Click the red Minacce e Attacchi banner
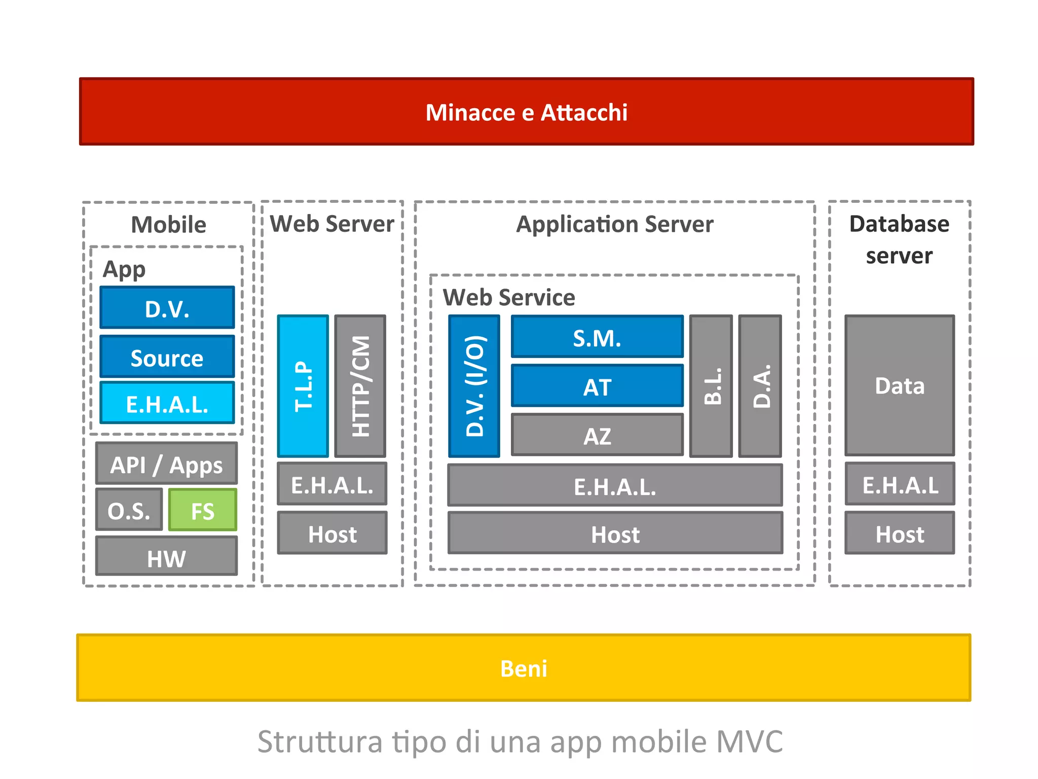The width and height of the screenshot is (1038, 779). click(x=526, y=112)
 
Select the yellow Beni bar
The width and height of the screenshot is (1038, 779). click(x=524, y=668)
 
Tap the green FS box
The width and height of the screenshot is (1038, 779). click(x=202, y=510)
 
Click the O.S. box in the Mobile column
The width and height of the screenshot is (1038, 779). click(x=129, y=510)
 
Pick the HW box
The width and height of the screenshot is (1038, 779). click(x=166, y=557)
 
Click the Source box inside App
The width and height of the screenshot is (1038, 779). click(x=167, y=357)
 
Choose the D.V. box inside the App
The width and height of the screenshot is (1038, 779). click(x=167, y=308)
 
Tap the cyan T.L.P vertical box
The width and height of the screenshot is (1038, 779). click(x=303, y=386)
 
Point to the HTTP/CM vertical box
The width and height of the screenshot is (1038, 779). click(x=360, y=386)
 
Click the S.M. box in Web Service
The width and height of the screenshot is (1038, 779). click(x=597, y=337)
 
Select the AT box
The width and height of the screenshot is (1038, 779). click(x=597, y=386)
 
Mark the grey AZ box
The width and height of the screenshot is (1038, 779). click(x=597, y=435)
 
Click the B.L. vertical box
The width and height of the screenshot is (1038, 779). click(x=711, y=386)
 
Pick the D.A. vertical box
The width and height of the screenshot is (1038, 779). click(x=760, y=386)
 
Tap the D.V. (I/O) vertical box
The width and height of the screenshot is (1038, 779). click(x=474, y=386)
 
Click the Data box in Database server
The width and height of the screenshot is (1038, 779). click(x=900, y=386)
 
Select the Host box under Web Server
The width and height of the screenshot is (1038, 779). click(x=332, y=534)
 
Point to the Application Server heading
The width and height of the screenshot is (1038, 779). click(x=614, y=224)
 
